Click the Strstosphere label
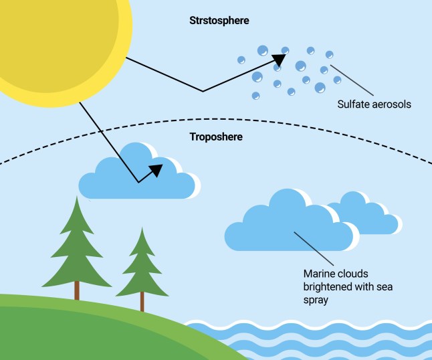point(219,21)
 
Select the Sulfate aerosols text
point(374,104)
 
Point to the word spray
point(316,301)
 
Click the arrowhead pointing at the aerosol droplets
point(280,60)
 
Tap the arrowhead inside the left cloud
point(156,169)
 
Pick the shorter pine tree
point(142,264)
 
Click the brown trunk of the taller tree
point(77,290)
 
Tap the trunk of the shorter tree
point(142,303)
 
